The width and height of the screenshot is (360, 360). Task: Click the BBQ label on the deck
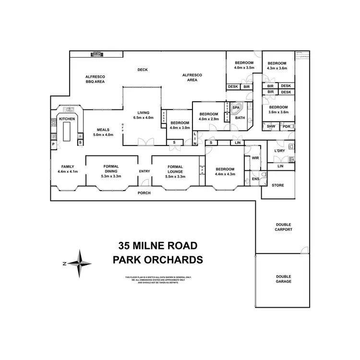pos(97,54)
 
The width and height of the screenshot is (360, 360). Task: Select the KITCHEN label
pos(67,118)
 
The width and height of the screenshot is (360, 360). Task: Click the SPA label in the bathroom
pos(236,108)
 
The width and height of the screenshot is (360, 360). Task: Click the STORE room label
pos(278,185)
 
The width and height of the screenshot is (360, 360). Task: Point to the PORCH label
pos(144,193)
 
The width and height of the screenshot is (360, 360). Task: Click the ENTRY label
pos(144,171)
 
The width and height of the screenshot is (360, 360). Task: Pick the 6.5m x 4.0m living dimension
pos(143,118)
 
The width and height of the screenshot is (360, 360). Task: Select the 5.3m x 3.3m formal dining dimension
pos(111,176)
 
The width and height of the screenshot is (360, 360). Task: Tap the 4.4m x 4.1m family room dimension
pos(67,171)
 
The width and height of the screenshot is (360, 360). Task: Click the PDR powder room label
pos(287,126)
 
